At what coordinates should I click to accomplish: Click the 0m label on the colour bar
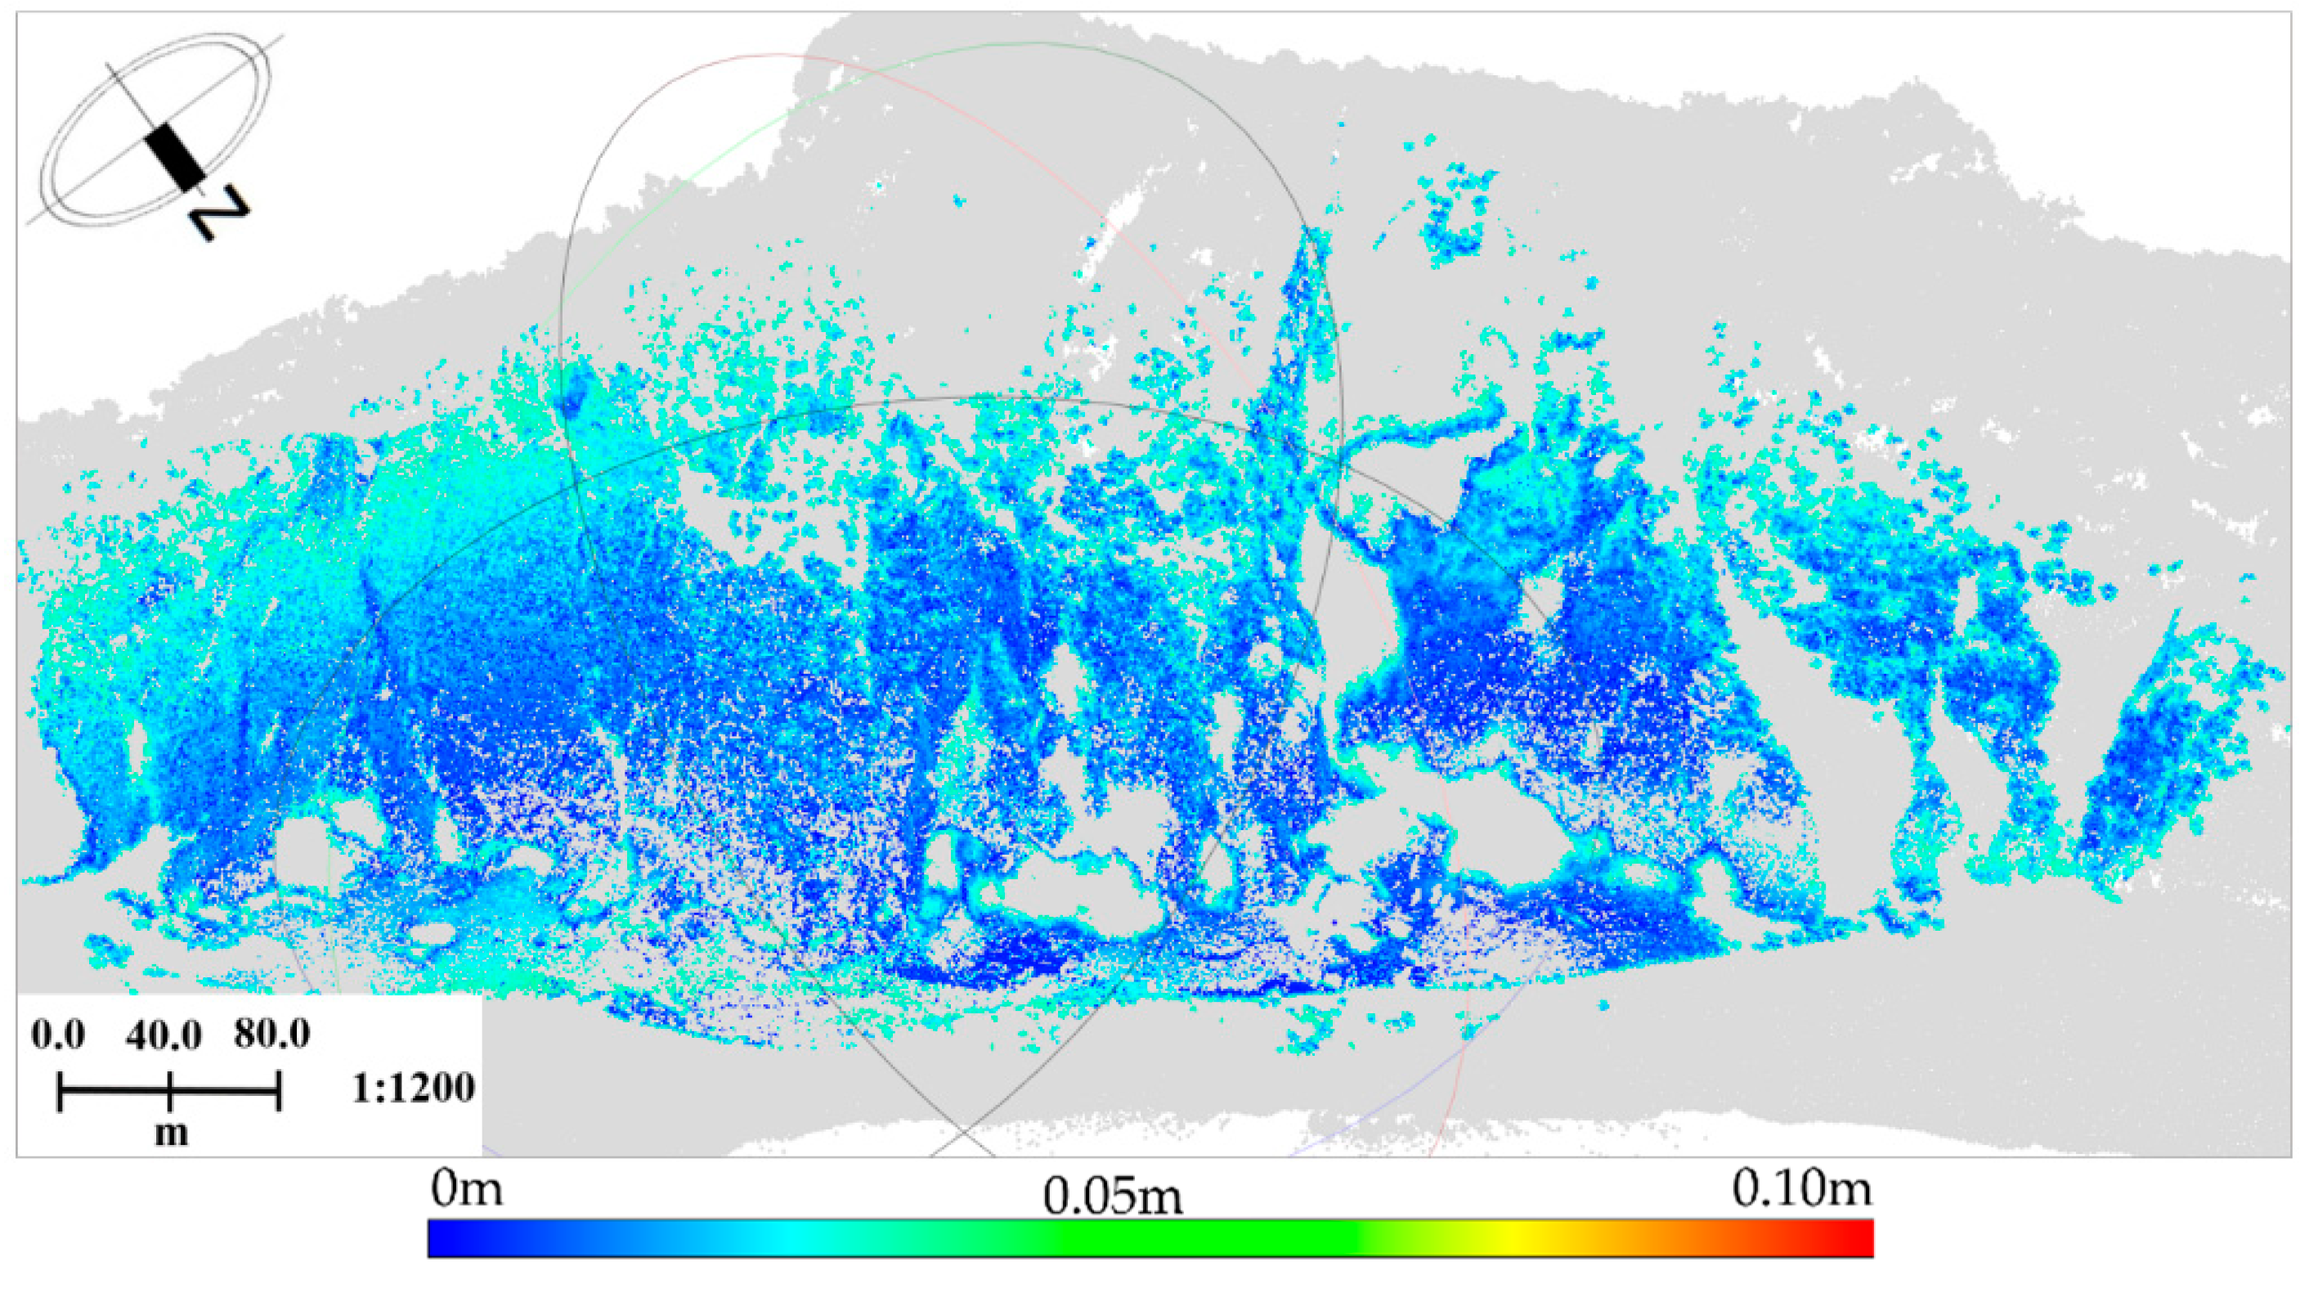pos(466,1190)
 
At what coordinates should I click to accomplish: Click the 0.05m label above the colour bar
pos(1111,1196)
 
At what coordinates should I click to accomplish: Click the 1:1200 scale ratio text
pos(413,1089)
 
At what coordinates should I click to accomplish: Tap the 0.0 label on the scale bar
pos(58,1035)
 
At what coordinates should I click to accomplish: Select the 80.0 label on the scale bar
pos(271,1034)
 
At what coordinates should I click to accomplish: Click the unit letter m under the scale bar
pos(171,1134)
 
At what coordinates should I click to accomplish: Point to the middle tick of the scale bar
pos(169,1091)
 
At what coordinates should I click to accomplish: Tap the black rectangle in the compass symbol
pos(175,157)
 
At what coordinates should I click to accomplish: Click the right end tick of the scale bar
pos(279,1091)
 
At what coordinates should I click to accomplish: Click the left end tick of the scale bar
pos(60,1091)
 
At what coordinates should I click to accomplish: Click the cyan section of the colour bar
pos(789,1238)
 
